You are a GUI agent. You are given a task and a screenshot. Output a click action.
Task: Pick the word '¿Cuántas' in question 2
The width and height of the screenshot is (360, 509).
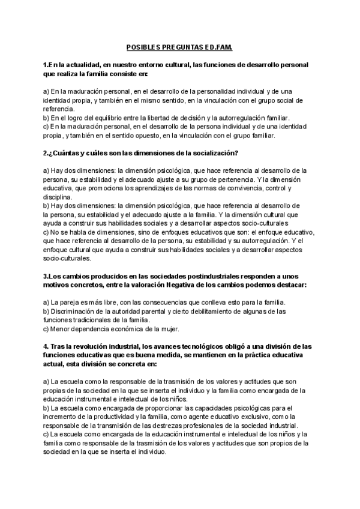(x=67, y=152)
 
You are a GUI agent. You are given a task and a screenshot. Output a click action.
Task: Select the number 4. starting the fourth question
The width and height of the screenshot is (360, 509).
(x=46, y=346)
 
